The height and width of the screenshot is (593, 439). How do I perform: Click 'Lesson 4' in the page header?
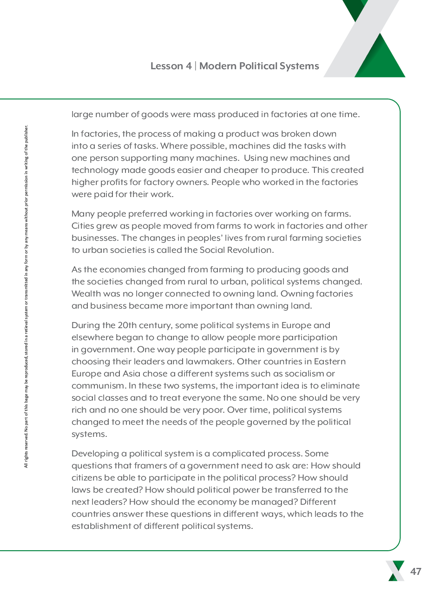coord(170,66)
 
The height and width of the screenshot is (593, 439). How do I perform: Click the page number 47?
coord(416,572)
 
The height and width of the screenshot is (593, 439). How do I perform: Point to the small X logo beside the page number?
coord(395,571)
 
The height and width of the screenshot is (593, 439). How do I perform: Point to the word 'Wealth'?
coord(86,294)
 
